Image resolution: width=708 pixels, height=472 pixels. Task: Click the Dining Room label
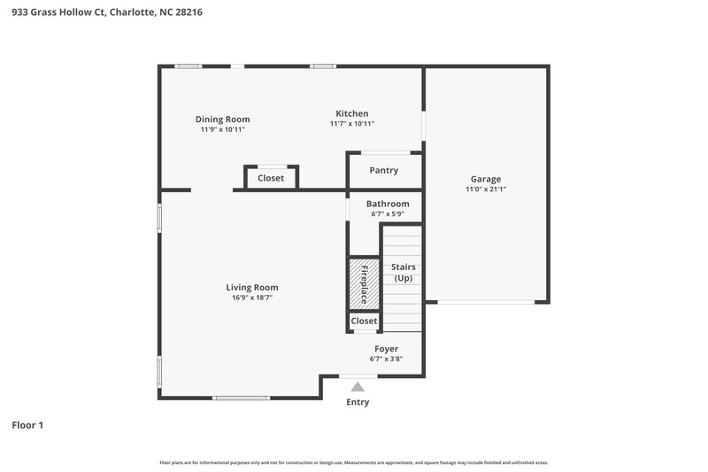click(x=222, y=120)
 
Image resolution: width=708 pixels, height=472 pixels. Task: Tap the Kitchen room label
click(x=351, y=113)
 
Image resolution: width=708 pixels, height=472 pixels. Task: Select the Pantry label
click(x=384, y=170)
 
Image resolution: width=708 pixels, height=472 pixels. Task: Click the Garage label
click(x=486, y=179)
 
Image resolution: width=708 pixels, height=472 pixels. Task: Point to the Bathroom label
click(x=388, y=204)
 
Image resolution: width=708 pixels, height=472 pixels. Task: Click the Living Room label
click(x=252, y=287)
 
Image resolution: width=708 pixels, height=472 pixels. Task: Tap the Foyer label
click(x=386, y=349)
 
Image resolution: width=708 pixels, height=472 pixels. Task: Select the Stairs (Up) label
click(x=403, y=272)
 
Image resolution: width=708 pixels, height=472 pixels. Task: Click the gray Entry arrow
click(x=358, y=386)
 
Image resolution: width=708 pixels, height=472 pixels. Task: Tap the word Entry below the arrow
click(x=358, y=402)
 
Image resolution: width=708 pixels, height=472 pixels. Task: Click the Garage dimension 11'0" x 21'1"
click(x=486, y=189)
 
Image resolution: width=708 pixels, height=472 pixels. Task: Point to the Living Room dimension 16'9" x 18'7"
click(x=252, y=298)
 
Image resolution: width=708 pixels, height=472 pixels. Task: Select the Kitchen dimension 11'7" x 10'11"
click(x=351, y=124)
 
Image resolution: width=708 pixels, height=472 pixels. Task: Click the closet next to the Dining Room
click(x=271, y=178)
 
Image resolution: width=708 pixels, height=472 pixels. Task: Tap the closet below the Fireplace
click(x=364, y=321)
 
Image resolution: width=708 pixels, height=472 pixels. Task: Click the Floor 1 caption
click(x=27, y=425)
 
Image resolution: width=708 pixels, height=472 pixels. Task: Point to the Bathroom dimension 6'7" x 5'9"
click(x=388, y=213)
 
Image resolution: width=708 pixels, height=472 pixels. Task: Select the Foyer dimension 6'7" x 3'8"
click(x=386, y=359)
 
